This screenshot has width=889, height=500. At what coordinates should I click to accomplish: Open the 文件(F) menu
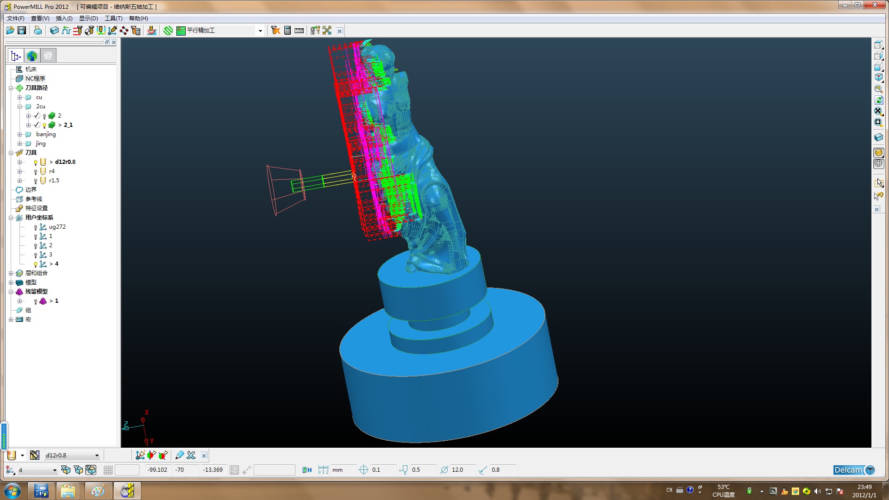click(16, 19)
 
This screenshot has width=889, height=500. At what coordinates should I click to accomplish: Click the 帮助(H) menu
click(138, 19)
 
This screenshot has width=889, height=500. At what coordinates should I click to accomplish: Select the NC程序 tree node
click(35, 79)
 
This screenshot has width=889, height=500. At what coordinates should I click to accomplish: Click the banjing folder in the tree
click(46, 134)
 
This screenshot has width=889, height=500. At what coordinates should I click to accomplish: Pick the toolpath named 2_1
click(68, 125)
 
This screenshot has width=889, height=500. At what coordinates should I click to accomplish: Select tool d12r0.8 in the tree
click(65, 162)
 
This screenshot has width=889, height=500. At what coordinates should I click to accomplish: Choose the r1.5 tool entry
click(54, 181)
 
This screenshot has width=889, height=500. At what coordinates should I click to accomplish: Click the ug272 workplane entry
click(57, 227)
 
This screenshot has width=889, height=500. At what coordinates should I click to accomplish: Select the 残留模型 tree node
click(37, 292)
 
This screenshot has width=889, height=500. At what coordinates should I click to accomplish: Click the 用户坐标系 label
click(39, 218)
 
